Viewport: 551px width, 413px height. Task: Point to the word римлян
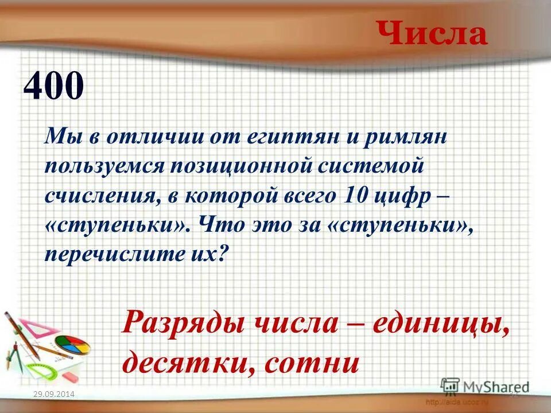coord(405,138)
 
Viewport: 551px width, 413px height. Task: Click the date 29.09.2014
coord(55,393)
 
